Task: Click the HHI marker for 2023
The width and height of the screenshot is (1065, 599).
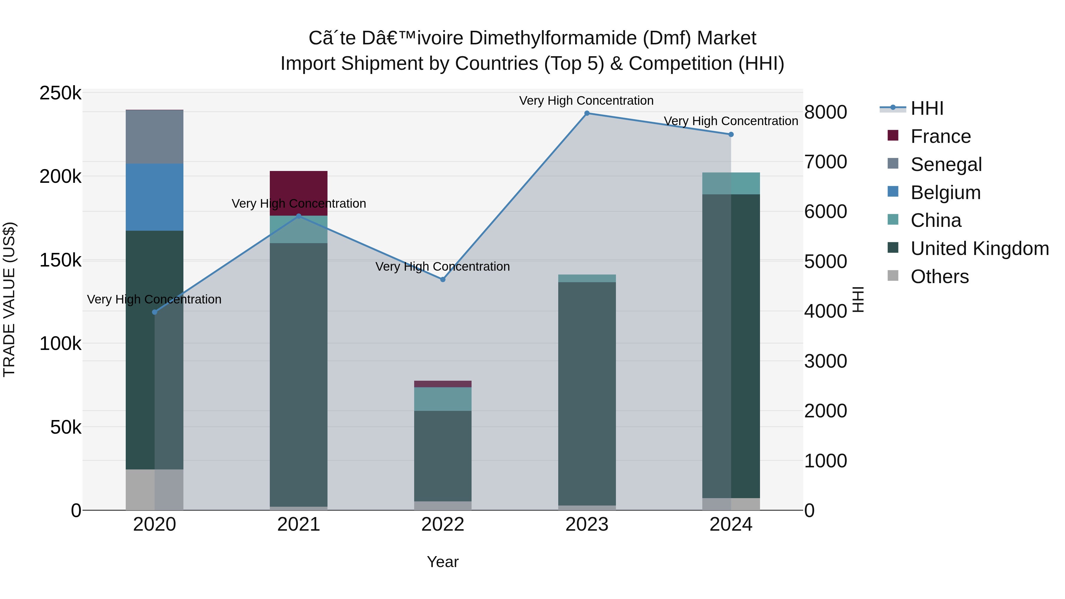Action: point(587,113)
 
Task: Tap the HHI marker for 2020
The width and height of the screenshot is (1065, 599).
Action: point(155,312)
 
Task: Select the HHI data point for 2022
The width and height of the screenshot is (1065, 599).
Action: point(443,280)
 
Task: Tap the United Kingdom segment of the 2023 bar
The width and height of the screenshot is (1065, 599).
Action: point(587,393)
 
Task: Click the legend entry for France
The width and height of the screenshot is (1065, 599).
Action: point(940,136)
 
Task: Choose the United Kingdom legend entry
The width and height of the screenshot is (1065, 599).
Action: point(979,248)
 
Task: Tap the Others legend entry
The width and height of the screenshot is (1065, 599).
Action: point(939,277)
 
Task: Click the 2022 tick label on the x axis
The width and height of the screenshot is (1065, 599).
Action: point(443,524)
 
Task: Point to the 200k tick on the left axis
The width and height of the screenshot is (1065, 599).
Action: point(60,177)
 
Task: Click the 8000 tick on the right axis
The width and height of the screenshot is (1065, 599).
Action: point(825,112)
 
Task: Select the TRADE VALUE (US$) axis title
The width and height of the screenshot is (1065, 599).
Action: point(9,299)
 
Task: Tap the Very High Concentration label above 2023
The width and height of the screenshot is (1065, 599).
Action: point(586,101)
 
